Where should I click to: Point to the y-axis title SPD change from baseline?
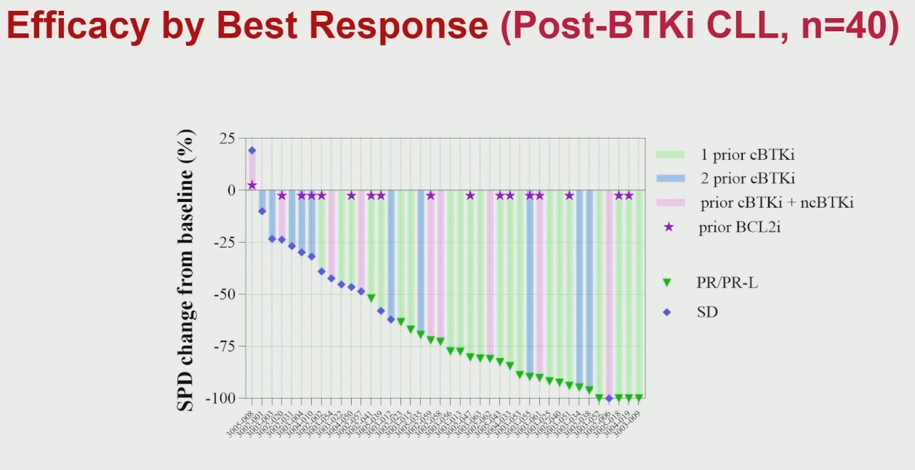pyautogui.click(x=187, y=270)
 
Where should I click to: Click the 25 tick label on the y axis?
pyautogui.click(x=227, y=138)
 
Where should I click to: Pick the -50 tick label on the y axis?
pyautogui.click(x=224, y=294)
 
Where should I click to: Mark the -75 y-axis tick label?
pyautogui.click(x=224, y=347)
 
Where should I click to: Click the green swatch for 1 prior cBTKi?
pyautogui.click(x=669, y=155)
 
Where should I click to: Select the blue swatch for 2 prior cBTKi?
pyautogui.click(x=669, y=178)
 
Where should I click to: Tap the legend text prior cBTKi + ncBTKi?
pyautogui.click(x=776, y=203)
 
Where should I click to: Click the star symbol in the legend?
pyautogui.click(x=669, y=227)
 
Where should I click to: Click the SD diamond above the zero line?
pyautogui.click(x=252, y=150)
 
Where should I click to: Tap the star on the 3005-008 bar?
pyautogui.click(x=252, y=185)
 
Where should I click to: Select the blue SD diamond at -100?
pyautogui.click(x=609, y=398)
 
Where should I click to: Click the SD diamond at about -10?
pyautogui.click(x=262, y=211)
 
